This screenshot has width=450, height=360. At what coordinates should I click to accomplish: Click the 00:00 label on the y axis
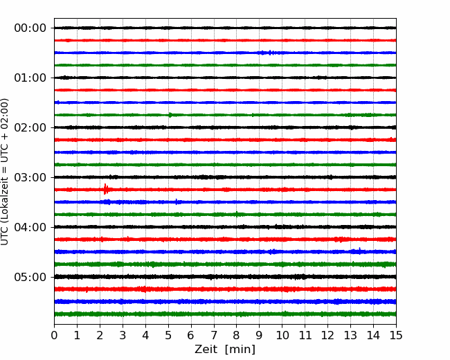point(30,28)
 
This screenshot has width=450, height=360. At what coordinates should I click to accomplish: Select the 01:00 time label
point(30,78)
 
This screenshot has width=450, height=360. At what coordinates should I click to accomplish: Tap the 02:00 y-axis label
point(30,127)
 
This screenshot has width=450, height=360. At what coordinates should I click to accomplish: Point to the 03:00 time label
point(30,177)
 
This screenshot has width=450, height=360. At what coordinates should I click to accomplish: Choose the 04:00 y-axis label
point(30,227)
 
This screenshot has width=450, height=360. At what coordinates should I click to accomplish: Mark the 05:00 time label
point(30,277)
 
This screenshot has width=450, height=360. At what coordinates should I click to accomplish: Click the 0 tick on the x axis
point(54,335)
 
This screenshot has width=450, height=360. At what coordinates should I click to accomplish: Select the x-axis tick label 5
point(168,335)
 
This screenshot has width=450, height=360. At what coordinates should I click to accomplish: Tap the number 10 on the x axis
point(282,335)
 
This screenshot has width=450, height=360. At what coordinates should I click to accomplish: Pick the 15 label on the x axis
point(396,335)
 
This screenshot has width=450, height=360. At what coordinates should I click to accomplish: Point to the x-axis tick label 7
point(214,335)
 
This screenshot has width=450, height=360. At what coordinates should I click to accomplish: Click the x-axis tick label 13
point(350,335)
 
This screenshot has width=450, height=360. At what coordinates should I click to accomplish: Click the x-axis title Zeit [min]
point(225,350)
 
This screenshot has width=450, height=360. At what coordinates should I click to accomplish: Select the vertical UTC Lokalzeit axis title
point(5,172)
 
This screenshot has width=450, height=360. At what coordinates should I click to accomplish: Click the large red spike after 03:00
point(106,189)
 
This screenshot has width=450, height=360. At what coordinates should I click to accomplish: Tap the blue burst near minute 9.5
point(270,53)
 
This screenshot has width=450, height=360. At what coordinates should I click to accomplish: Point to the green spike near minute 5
point(170,115)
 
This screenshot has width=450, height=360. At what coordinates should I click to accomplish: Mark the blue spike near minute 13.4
point(359,251)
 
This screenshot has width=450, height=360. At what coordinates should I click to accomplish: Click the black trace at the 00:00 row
point(225,28)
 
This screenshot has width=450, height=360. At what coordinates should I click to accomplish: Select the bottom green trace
point(225,314)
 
